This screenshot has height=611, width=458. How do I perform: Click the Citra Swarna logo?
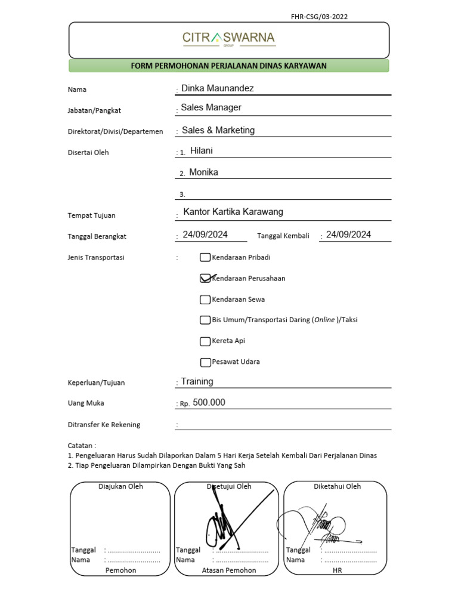click(229, 39)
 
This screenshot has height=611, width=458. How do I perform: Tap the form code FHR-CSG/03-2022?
click(319, 17)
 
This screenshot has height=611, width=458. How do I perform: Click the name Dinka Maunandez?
click(217, 88)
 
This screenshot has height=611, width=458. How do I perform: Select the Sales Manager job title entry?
click(211, 107)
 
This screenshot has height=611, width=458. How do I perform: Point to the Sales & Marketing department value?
click(218, 130)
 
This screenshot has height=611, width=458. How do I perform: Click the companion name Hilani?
click(201, 151)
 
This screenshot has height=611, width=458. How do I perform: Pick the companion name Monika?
click(203, 172)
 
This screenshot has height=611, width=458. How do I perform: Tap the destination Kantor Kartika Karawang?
click(233, 212)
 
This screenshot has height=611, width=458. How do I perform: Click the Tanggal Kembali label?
click(283, 236)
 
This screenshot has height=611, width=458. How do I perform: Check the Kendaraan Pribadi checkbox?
click(205, 258)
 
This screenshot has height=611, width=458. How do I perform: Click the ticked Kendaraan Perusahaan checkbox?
click(205, 279)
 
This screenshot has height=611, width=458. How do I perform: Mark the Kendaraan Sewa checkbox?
click(205, 300)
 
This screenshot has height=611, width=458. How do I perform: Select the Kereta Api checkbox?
click(205, 341)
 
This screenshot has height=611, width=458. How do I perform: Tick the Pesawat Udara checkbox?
click(205, 362)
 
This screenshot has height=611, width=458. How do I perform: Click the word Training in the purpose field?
click(197, 381)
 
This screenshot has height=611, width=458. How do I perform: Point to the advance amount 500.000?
click(209, 403)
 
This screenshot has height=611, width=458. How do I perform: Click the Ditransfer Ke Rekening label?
click(104, 425)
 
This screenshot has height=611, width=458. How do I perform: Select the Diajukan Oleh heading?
click(120, 486)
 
